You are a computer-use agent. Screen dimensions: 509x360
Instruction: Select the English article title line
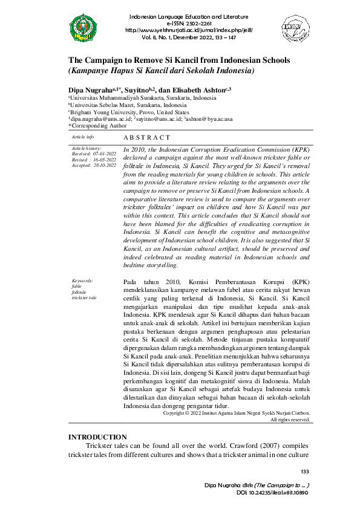[x=179, y=60]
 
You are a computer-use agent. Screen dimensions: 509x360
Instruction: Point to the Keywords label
[x=82, y=281]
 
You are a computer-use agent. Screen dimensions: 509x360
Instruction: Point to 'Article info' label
[x=82, y=138]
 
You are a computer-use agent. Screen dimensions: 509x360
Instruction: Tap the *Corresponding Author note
[x=97, y=126]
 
